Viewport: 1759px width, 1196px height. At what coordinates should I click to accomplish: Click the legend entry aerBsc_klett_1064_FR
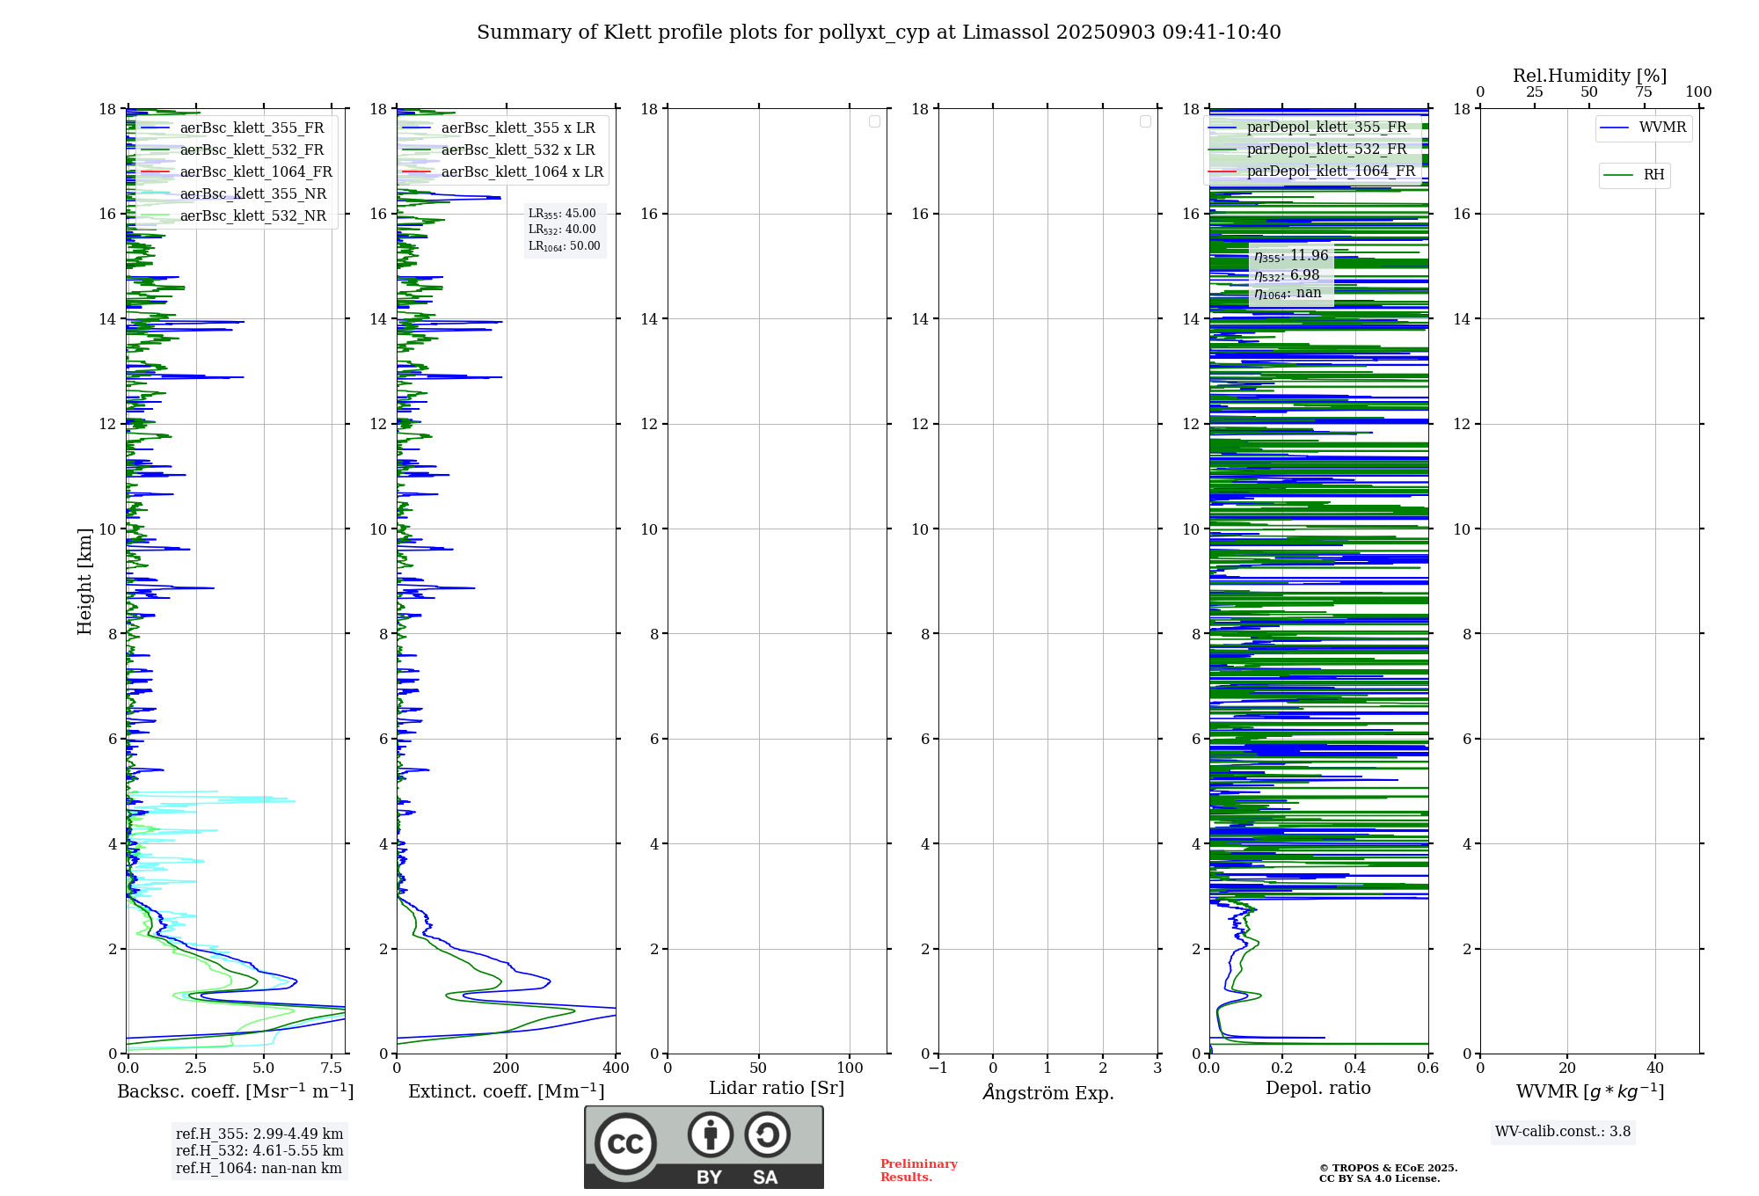point(255,172)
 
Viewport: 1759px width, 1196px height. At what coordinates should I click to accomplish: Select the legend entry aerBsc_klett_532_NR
point(252,216)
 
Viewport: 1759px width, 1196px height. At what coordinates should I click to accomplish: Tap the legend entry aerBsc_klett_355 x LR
point(517,128)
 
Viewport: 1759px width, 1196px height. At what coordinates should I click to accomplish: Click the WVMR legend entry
point(1662,128)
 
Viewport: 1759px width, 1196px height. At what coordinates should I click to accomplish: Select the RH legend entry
point(1653,175)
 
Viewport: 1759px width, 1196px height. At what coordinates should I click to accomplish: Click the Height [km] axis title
point(84,581)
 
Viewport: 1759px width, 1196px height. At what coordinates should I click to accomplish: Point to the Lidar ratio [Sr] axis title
point(777,1089)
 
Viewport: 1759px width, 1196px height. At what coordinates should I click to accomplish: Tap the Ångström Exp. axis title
point(1047,1093)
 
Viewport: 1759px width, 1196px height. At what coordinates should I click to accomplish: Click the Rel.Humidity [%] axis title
point(1589,76)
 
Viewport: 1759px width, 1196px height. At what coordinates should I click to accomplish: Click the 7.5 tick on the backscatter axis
point(332,1068)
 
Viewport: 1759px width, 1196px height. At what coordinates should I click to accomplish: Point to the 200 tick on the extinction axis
point(507,1068)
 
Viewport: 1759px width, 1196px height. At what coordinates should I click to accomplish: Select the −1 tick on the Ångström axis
point(938,1068)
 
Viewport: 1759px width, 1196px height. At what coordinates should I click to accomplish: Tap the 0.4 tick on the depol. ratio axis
point(1355,1068)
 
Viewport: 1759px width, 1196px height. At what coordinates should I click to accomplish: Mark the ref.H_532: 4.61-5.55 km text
point(259,1151)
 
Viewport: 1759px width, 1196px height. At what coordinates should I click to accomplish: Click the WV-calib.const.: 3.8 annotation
point(1563,1132)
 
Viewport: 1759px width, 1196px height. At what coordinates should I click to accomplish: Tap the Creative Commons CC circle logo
point(625,1144)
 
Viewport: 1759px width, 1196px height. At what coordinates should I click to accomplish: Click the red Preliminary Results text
point(918,1170)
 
